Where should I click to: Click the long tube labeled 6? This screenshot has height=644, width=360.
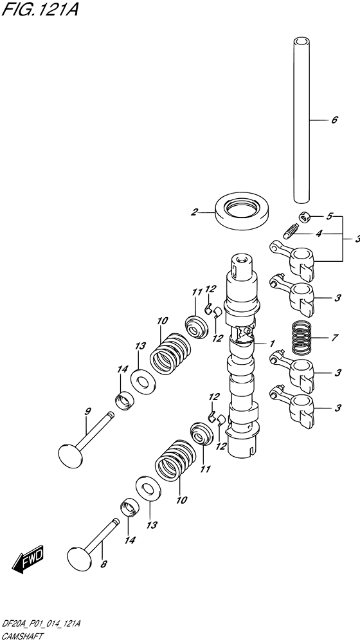(x=301, y=120)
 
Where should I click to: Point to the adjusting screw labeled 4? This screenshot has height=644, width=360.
(x=289, y=231)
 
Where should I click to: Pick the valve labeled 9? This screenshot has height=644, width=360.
(x=85, y=440)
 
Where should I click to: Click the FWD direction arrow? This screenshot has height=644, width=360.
(x=28, y=560)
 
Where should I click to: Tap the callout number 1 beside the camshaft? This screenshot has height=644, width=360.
(x=272, y=343)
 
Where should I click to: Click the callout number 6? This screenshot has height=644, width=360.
(x=334, y=120)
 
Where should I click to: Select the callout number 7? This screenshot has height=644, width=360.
(x=334, y=338)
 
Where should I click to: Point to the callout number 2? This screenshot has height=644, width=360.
(x=194, y=212)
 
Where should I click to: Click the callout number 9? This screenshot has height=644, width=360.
(x=88, y=411)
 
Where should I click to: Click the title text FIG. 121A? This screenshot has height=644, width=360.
(x=40, y=9)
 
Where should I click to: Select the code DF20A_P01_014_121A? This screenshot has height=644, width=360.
(x=41, y=624)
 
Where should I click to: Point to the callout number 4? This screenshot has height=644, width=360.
(x=319, y=234)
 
